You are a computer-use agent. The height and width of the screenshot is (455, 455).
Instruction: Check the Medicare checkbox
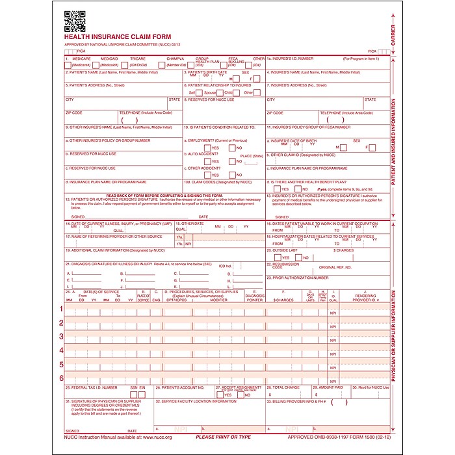[x=68, y=65]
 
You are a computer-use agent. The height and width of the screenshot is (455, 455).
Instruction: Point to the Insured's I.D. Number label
[x=289, y=59]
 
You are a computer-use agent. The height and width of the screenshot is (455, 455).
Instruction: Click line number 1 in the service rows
[x=62, y=309]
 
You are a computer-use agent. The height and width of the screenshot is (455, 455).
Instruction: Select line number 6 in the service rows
[x=62, y=378]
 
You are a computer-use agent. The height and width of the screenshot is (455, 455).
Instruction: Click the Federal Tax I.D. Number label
[x=92, y=387]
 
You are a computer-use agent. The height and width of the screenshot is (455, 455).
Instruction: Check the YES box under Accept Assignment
[x=221, y=395]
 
